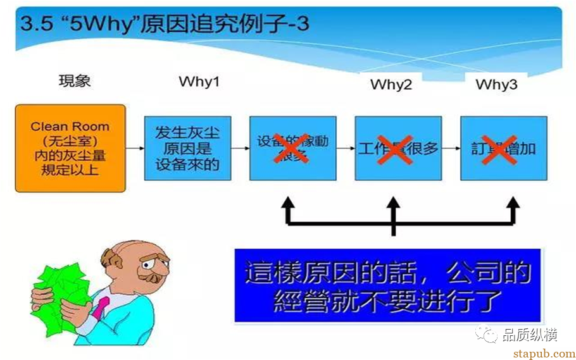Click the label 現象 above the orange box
tap(75, 81)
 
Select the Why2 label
tap(391, 84)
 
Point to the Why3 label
tap(496, 84)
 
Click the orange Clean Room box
tap(70, 148)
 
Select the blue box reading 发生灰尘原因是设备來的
tap(187, 148)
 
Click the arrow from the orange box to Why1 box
tap(135, 148)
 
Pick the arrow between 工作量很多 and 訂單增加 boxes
tap(450, 148)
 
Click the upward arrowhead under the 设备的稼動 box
tap(288, 204)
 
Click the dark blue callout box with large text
tap(387, 285)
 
